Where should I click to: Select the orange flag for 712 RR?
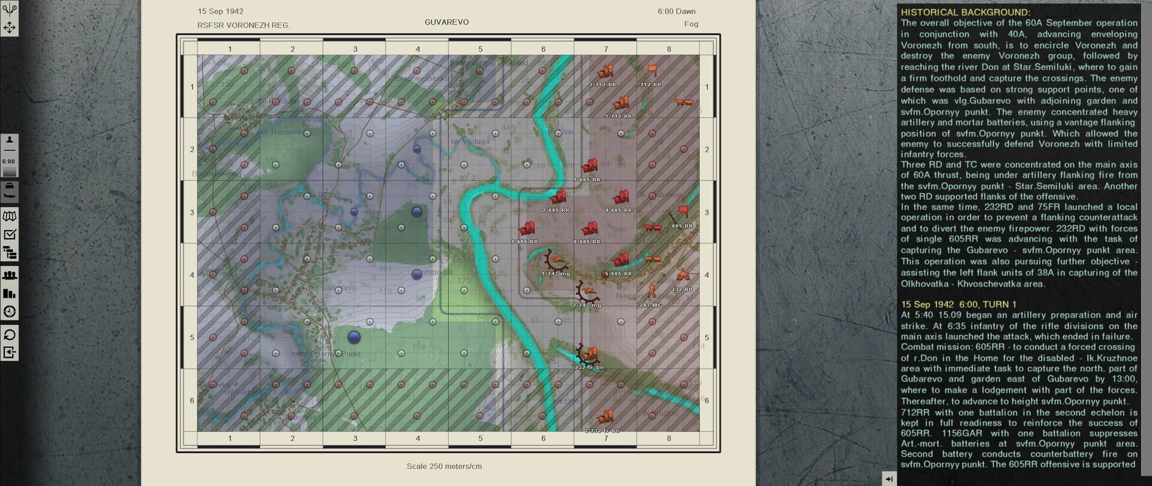652,71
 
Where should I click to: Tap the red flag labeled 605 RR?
683,211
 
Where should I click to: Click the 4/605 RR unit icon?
621,197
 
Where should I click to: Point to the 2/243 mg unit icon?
587,292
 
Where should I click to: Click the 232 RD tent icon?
683,276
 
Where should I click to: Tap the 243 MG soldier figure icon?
652,292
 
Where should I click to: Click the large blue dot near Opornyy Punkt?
355,337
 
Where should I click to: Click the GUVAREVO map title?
446,22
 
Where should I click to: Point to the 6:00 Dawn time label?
676,11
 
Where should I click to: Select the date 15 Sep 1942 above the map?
220,11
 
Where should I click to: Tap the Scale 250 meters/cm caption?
444,466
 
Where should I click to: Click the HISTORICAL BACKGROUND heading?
965,12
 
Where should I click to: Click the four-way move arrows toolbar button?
10,28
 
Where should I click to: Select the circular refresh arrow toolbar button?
10,335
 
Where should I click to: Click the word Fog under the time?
691,24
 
